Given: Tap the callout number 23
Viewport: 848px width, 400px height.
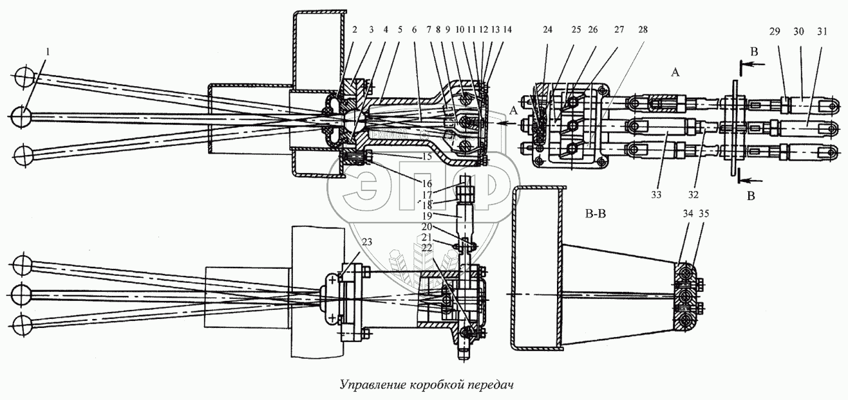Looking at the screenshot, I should (x=367, y=242).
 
